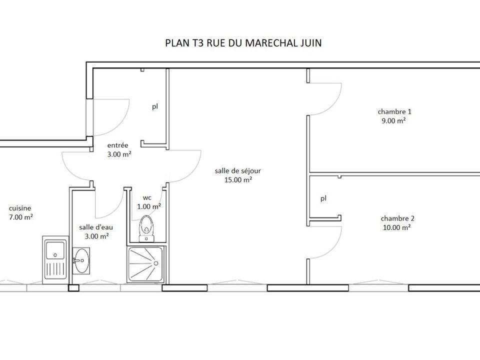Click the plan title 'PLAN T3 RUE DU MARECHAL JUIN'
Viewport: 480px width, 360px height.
tap(243, 43)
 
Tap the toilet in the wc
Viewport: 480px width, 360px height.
tap(146, 228)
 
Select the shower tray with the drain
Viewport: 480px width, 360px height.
tap(145, 264)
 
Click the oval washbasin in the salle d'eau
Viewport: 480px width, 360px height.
tap(81, 260)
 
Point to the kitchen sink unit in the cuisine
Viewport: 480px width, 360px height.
tap(55, 259)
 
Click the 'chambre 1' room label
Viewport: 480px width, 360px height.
tap(394, 111)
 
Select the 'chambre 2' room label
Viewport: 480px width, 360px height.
tap(397, 218)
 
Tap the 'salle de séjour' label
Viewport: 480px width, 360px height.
tap(238, 171)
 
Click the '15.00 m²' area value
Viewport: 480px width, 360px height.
tap(238, 179)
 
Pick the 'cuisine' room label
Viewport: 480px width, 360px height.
tap(20, 208)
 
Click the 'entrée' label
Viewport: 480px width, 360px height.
tap(117, 145)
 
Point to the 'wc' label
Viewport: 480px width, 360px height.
tap(147, 198)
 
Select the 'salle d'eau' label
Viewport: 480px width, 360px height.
tap(96, 227)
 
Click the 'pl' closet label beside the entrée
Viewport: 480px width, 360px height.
tap(155, 107)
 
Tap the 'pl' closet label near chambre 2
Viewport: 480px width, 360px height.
tap(323, 198)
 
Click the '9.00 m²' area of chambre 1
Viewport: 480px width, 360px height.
tap(393, 120)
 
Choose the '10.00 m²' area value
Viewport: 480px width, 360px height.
tap(396, 227)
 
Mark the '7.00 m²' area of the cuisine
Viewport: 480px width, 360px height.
tap(21, 217)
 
